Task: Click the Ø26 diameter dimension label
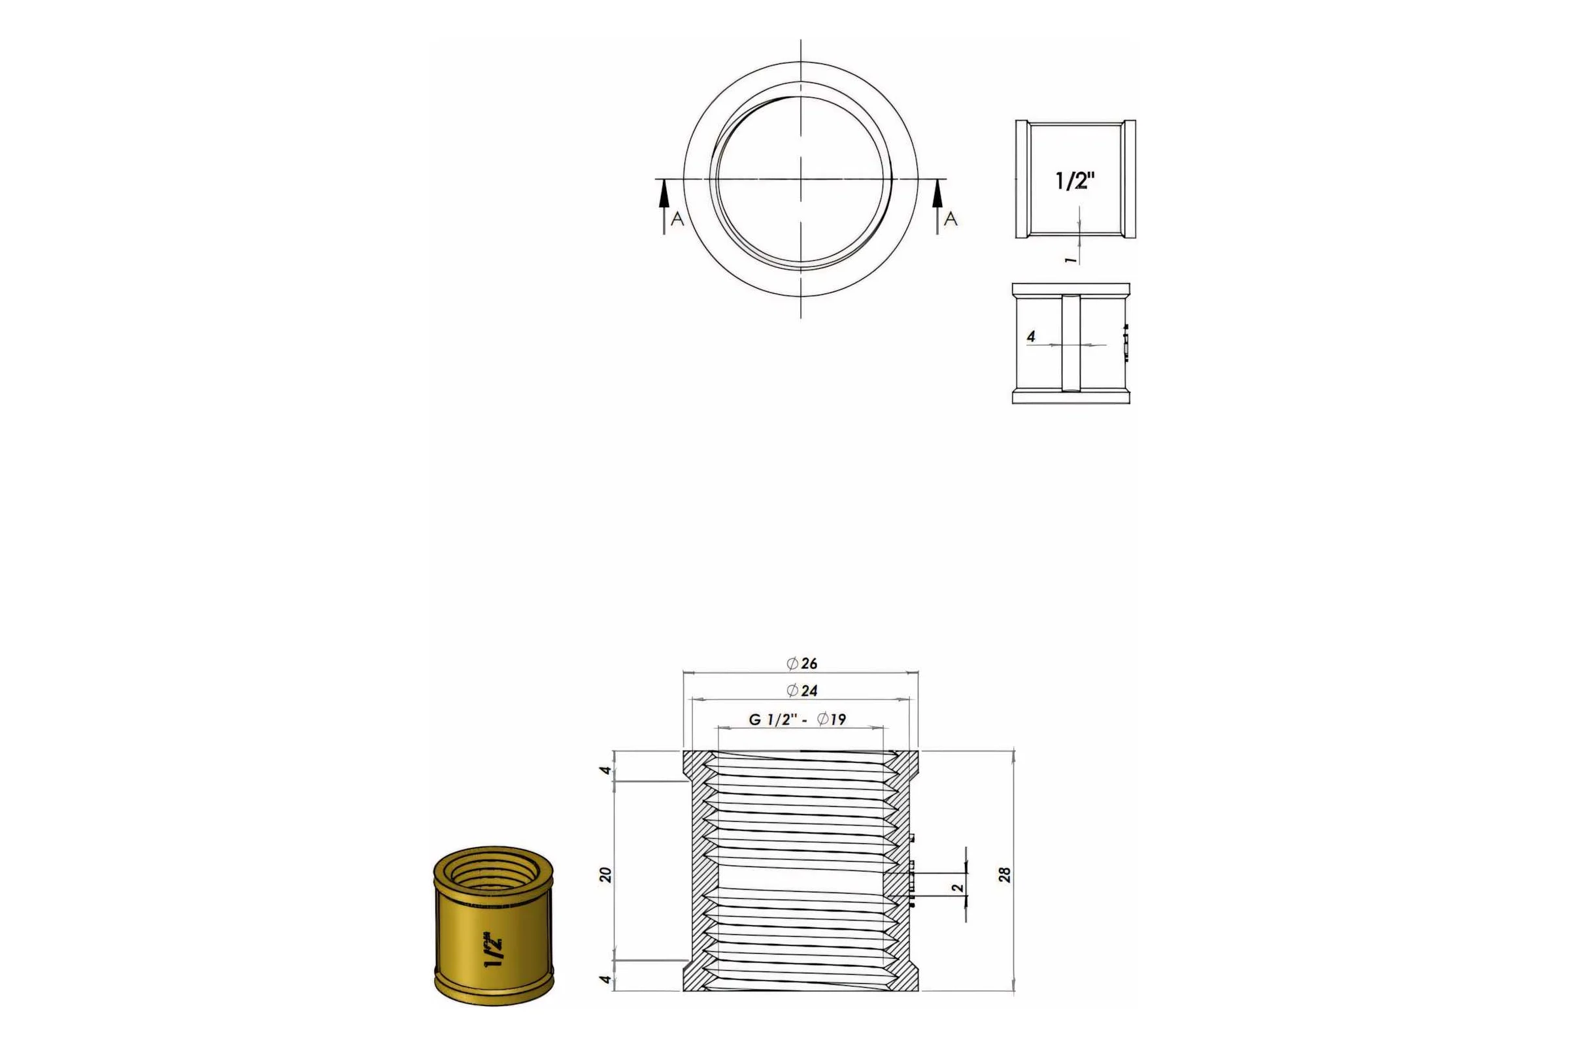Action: (802, 663)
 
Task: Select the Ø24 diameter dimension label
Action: (802, 690)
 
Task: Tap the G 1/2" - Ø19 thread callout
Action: (797, 719)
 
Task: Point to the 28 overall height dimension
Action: (1005, 875)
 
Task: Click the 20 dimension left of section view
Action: (605, 875)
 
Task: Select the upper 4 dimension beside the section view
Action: (605, 771)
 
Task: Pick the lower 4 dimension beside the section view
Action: (605, 979)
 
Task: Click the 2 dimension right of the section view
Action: (957, 888)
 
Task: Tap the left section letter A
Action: (677, 219)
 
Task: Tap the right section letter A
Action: (951, 219)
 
